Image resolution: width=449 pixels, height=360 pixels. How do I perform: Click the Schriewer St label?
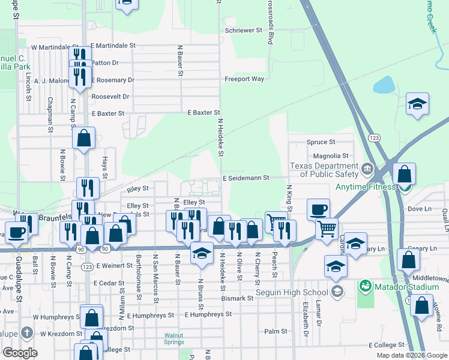point(244,29)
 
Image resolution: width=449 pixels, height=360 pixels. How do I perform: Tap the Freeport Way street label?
point(244,79)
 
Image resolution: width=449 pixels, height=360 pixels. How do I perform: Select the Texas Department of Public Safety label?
point(324,170)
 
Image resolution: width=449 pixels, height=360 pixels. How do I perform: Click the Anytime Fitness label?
point(366,186)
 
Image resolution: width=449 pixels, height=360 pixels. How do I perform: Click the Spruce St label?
point(321,142)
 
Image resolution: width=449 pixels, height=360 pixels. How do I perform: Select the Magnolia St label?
point(327,156)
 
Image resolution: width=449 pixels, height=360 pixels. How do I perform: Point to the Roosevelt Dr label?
point(110,96)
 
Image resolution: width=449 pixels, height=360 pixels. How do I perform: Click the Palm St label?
point(276,331)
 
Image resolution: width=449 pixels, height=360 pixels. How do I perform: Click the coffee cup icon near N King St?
point(318,210)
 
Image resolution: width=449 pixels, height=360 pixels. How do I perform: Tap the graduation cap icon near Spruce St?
point(417,104)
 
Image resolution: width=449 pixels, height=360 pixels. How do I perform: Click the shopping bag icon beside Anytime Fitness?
point(405,175)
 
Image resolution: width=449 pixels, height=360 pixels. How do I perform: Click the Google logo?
point(20,353)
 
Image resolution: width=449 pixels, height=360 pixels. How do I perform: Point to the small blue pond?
point(383,85)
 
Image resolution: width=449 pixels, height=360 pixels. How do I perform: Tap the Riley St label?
point(139,189)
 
